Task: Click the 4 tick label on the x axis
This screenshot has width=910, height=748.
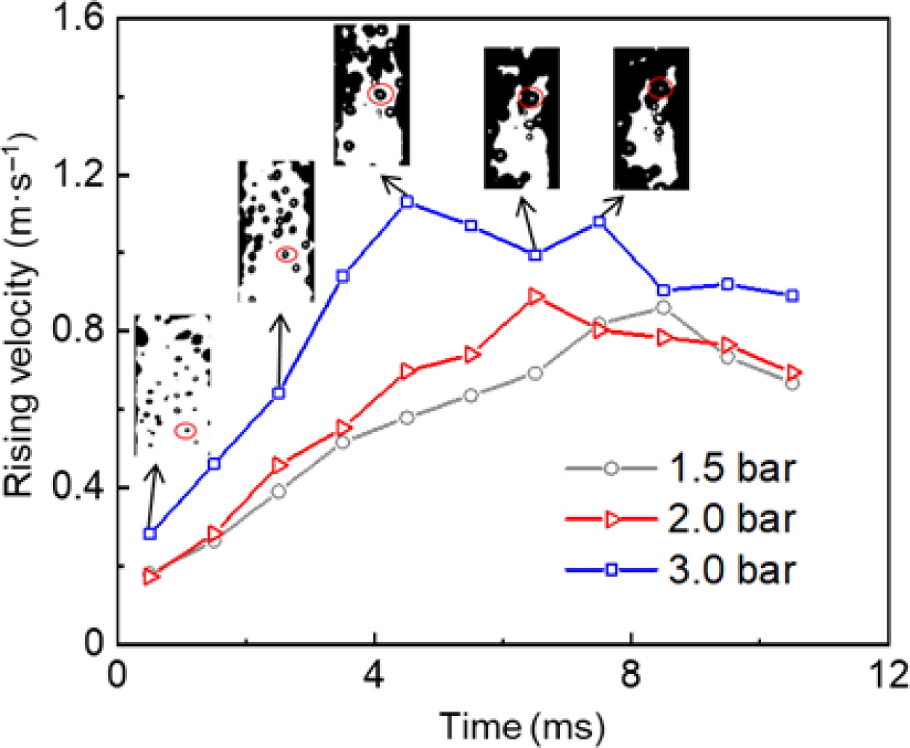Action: click(x=375, y=675)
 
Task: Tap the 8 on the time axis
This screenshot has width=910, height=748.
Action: click(x=631, y=675)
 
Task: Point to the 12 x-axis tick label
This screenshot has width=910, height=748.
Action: click(x=886, y=675)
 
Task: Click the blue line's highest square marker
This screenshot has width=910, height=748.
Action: click(x=407, y=202)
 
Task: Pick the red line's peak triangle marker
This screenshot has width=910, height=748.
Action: click(x=535, y=297)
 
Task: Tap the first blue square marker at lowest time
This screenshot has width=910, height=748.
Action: click(x=150, y=533)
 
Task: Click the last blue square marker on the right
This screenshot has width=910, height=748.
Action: click(x=793, y=295)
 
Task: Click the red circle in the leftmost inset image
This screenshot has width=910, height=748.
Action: click(x=185, y=431)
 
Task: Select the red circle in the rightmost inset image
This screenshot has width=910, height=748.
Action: click(x=660, y=88)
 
